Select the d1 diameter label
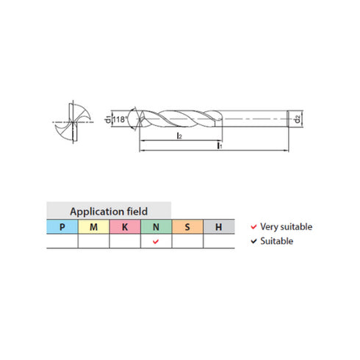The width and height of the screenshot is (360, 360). tap(108, 118)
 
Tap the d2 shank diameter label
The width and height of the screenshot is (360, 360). tap(295, 118)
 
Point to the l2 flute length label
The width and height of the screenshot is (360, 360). tap(179, 137)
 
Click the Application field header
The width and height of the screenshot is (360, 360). tap(108, 210)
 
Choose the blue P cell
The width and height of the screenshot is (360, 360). tap(62, 227)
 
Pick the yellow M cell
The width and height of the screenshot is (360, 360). tap(93, 227)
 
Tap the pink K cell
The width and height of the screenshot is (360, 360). tap(124, 227)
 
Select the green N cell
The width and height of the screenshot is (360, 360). tap(156, 227)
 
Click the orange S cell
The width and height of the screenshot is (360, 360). tap(187, 227)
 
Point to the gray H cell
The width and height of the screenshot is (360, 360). tap(219, 227)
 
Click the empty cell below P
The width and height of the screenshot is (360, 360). tap(62, 242)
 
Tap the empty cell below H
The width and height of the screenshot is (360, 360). tap(219, 242)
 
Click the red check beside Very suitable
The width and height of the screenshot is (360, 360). tap(253, 227)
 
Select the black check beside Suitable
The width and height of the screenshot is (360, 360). tap(253, 241)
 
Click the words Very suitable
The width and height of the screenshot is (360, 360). tap(287, 227)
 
